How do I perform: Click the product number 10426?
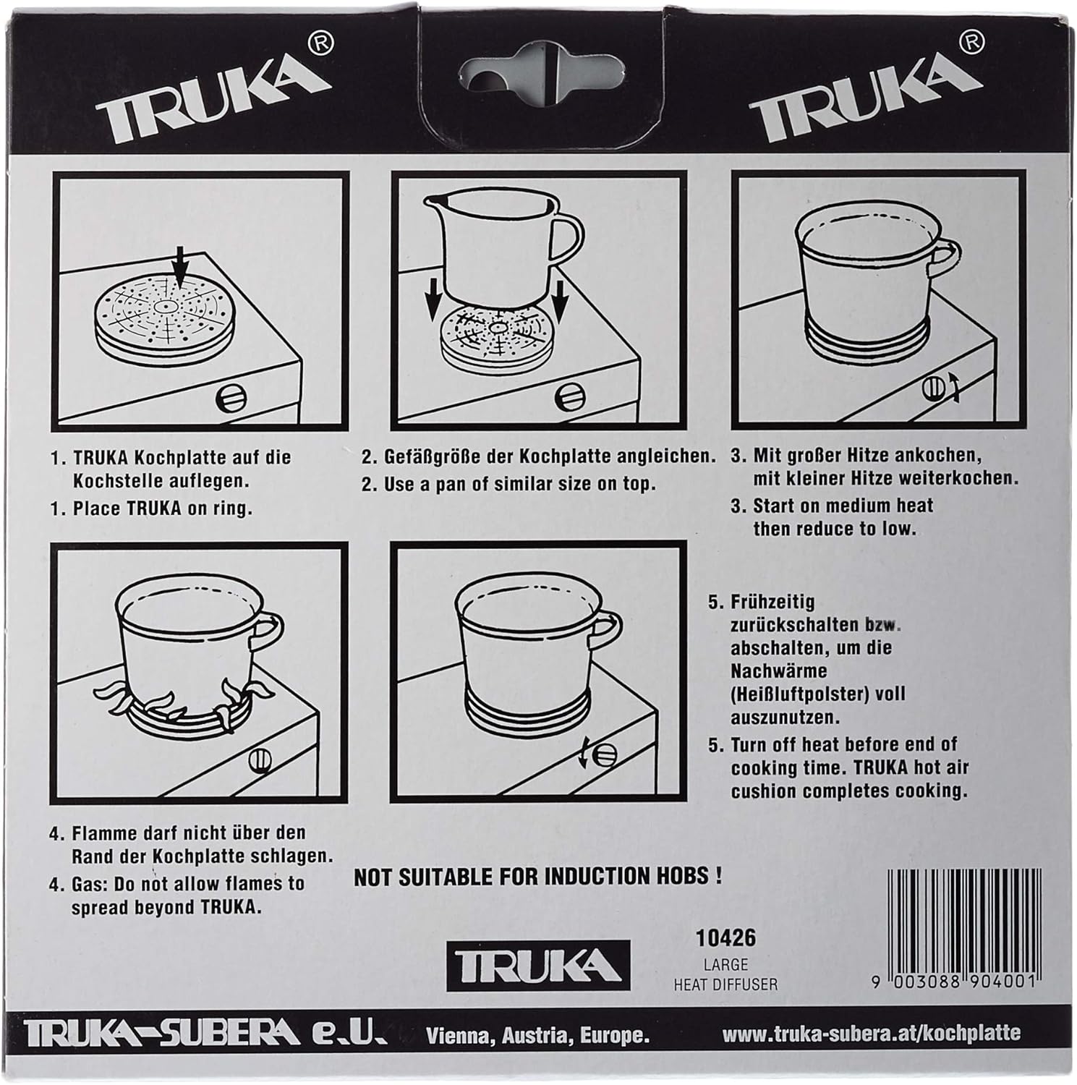click(725, 938)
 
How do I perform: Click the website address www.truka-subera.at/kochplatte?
click(872, 1032)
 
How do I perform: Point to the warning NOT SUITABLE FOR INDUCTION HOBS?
click(537, 877)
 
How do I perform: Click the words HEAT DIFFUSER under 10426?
click(725, 984)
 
